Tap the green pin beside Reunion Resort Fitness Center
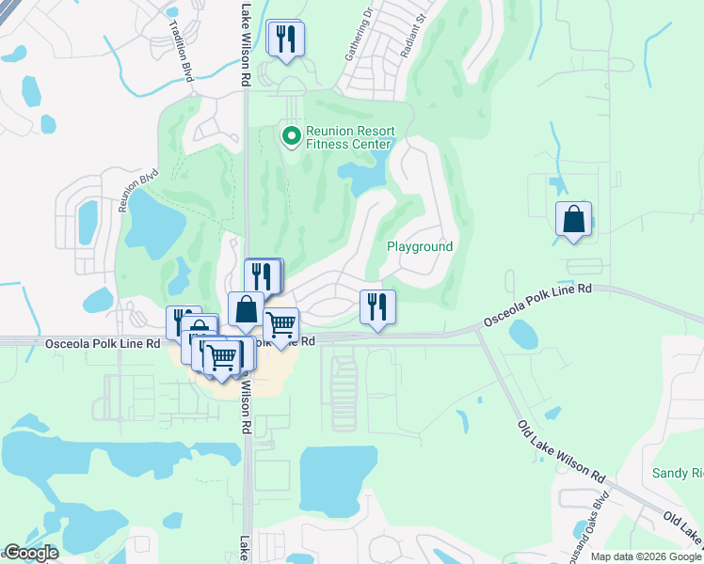point(291,136)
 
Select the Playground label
point(420,246)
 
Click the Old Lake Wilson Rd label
point(561,451)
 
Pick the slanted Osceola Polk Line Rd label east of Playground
point(537,306)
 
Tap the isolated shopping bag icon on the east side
point(573,220)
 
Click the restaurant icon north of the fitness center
point(283,39)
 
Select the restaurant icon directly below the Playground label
point(377,306)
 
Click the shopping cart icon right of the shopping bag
point(280,325)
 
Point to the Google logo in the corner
point(31,553)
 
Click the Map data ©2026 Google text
point(647,556)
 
